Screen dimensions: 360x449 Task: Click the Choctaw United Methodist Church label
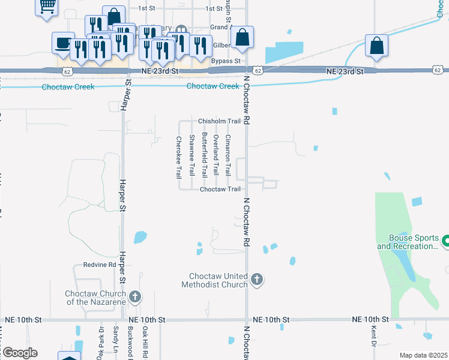click(214, 280)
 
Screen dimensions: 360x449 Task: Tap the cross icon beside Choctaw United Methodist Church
click(257, 280)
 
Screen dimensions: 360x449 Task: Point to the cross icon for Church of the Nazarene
click(135, 296)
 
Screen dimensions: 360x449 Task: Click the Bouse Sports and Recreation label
click(409, 242)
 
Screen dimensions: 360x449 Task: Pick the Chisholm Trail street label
click(219, 121)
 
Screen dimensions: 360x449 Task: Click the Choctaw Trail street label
click(220, 189)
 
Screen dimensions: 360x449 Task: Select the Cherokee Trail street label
click(178, 158)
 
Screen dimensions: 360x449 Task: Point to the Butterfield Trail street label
click(204, 154)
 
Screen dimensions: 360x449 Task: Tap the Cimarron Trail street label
click(228, 155)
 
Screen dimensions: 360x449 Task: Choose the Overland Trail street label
click(215, 155)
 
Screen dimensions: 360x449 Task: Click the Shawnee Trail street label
click(192, 155)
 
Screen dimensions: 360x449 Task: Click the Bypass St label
click(226, 61)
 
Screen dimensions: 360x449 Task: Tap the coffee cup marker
click(63, 43)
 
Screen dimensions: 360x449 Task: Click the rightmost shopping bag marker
click(376, 46)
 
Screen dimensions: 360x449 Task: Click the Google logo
click(19, 353)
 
